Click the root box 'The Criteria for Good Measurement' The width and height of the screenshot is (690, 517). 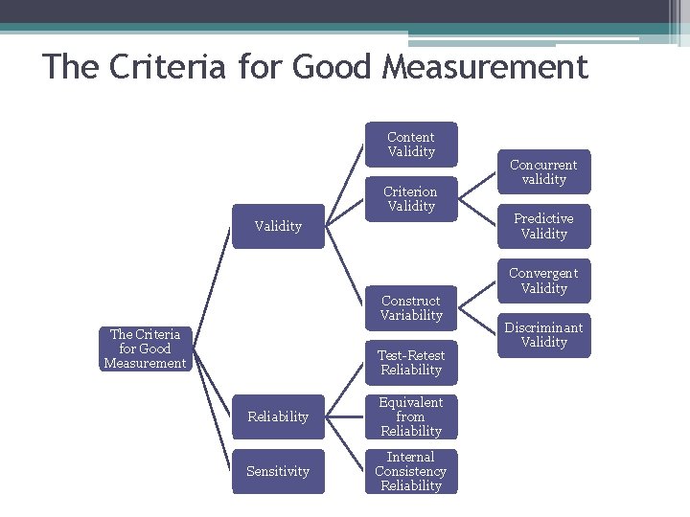(145, 348)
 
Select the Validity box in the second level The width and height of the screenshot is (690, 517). (278, 226)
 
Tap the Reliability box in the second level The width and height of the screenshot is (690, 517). (278, 416)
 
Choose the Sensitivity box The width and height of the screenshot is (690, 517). (278, 471)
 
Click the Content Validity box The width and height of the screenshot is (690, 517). (411, 145)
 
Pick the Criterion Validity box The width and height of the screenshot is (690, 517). (411, 199)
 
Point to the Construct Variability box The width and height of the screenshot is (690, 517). (411, 308)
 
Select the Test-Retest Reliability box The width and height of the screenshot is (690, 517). (411, 362)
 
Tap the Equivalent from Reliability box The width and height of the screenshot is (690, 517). (411, 416)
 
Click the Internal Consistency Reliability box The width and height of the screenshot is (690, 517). (411, 471)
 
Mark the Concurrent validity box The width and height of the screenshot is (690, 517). (543, 172)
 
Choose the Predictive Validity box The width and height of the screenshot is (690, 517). (543, 226)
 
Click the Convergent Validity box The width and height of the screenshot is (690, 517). (543, 281)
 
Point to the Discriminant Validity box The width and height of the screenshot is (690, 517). (543, 335)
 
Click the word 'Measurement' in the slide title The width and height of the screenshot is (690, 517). (485, 68)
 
